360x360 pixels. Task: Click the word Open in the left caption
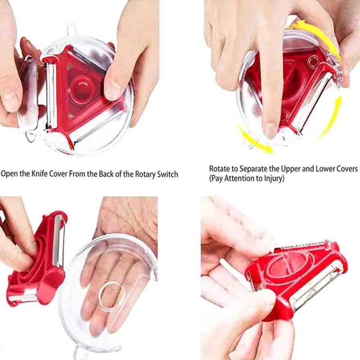(9, 174)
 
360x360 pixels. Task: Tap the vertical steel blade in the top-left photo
(51, 94)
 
